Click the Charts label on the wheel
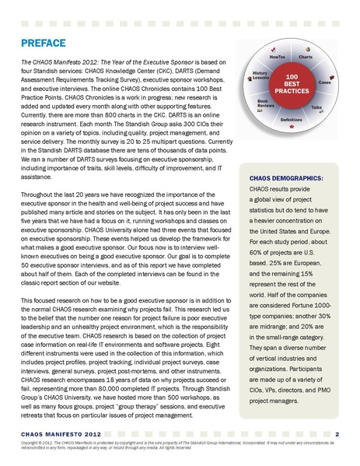click(306, 57)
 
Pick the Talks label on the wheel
click(316, 107)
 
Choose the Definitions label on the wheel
click(291, 120)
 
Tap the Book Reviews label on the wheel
click(263, 103)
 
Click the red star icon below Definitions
click(291, 127)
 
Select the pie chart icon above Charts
click(309, 48)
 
